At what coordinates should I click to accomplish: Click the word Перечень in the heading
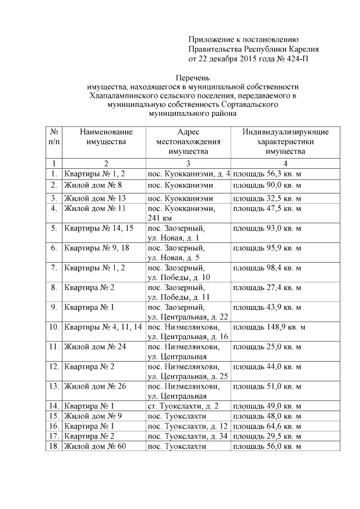(x=188, y=77)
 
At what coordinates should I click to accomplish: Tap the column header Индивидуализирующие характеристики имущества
(x=285, y=141)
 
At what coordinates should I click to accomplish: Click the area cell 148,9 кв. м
(x=269, y=327)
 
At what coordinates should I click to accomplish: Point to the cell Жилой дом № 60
(x=92, y=446)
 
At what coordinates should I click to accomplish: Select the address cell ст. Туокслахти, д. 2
(x=182, y=406)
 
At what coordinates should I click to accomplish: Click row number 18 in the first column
(x=53, y=446)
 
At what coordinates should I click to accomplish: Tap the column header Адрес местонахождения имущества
(x=188, y=141)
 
